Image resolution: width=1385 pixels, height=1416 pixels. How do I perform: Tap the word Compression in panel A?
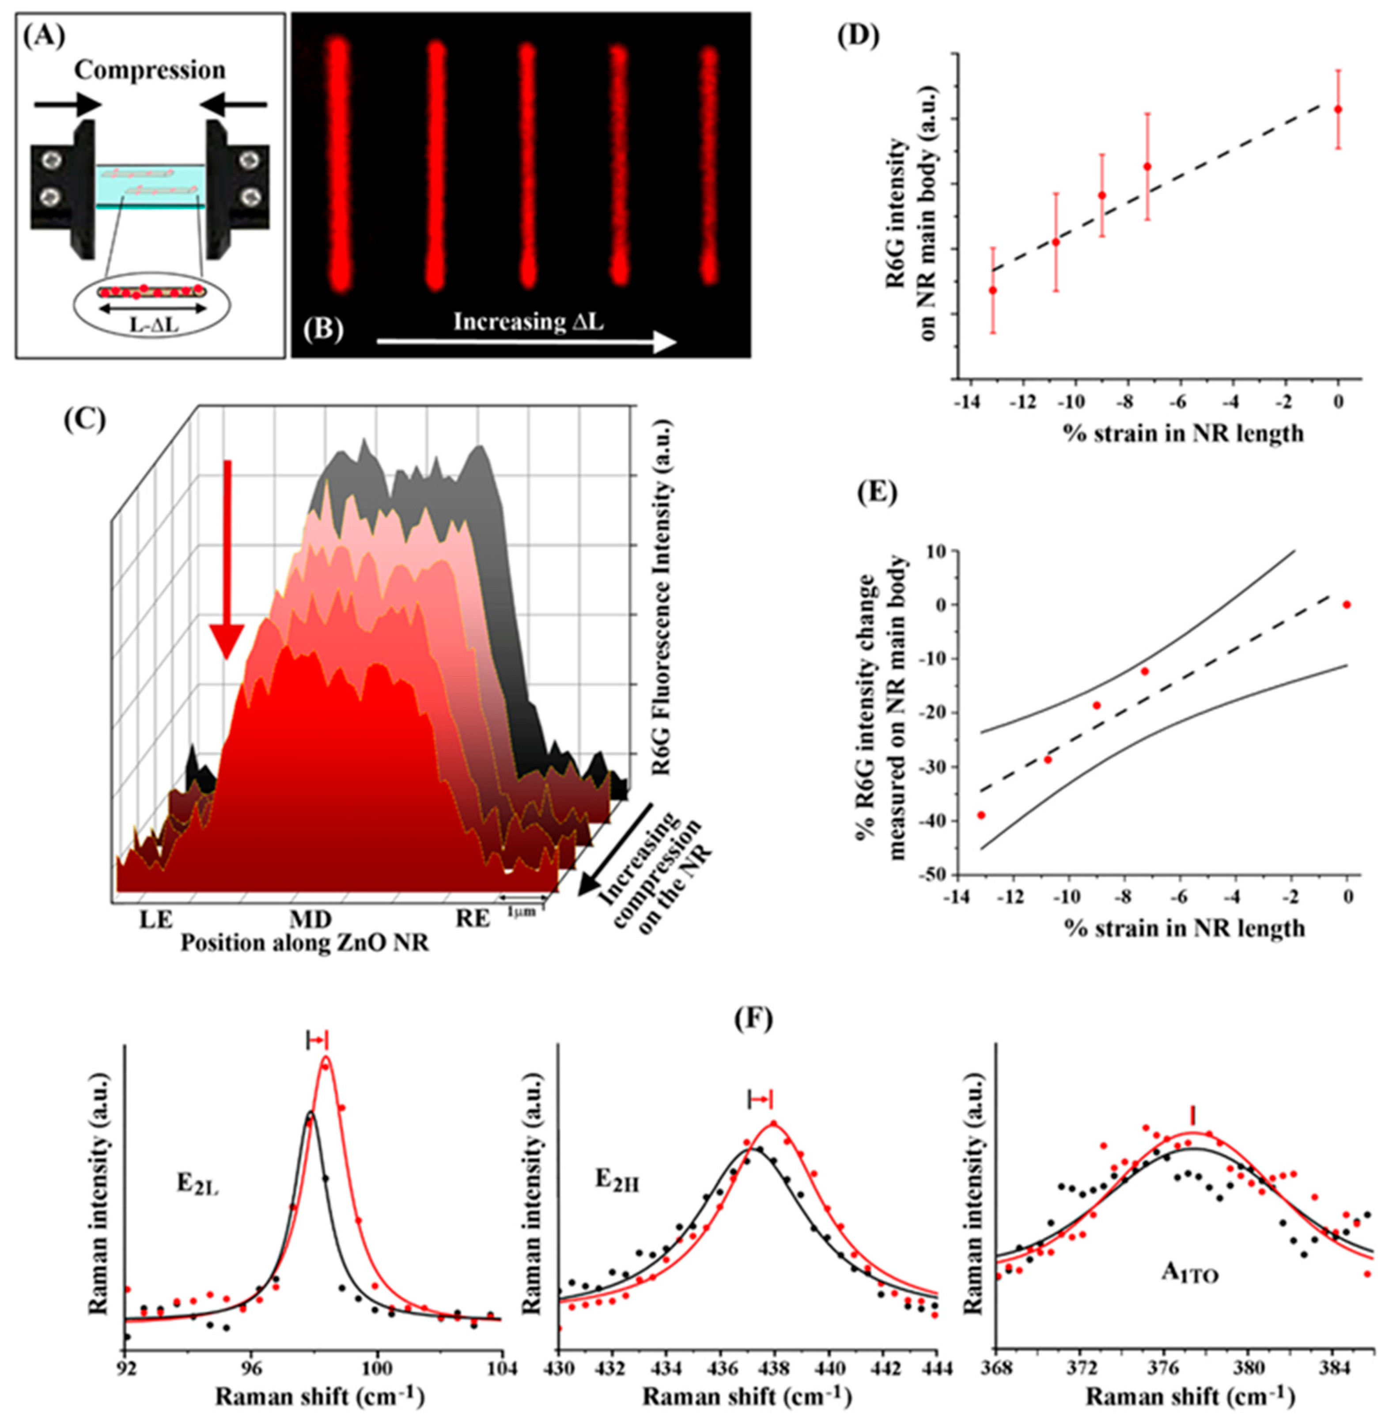pyautogui.click(x=150, y=71)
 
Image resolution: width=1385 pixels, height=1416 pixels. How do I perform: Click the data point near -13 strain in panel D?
pyautogui.click(x=992, y=290)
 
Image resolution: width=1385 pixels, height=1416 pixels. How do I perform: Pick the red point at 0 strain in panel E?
pyautogui.click(x=1347, y=604)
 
